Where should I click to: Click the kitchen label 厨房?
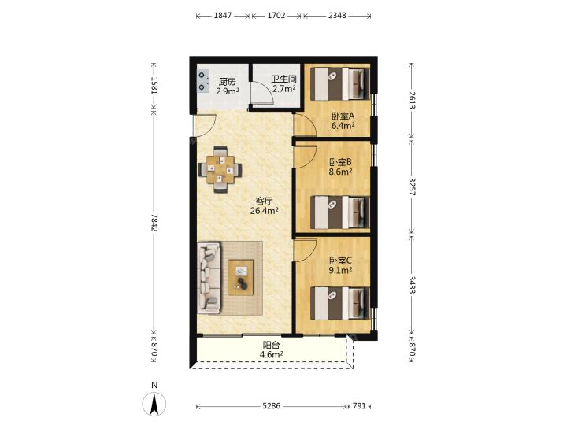click(227, 82)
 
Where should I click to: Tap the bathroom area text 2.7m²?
click(284, 89)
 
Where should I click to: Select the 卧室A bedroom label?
click(343, 116)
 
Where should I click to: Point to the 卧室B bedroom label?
click(340, 162)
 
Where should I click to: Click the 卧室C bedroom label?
click(340, 261)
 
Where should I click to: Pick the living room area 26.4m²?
click(264, 211)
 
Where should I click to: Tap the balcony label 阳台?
click(271, 346)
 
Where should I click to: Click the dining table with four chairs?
click(220, 169)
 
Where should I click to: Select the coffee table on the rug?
click(240, 278)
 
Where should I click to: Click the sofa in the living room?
click(209, 278)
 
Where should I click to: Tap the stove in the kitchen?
click(203, 81)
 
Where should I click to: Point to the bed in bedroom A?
click(340, 84)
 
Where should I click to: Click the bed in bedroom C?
click(340, 303)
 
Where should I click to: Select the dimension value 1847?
click(223, 16)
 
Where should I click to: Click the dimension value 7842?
click(154, 222)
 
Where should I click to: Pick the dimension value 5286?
click(271, 406)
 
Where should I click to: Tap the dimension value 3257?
click(412, 187)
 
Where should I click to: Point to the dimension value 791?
click(359, 406)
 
